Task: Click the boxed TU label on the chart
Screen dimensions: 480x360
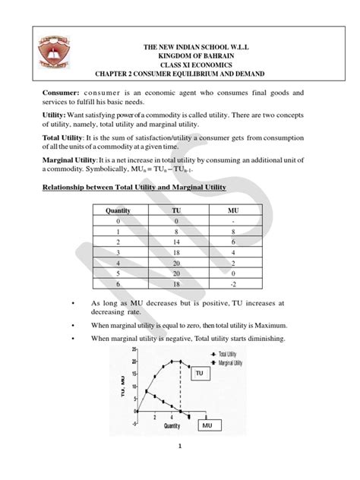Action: pos(198,374)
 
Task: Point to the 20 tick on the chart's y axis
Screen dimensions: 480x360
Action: pos(134,362)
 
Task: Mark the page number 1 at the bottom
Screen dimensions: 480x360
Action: pos(179,468)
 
